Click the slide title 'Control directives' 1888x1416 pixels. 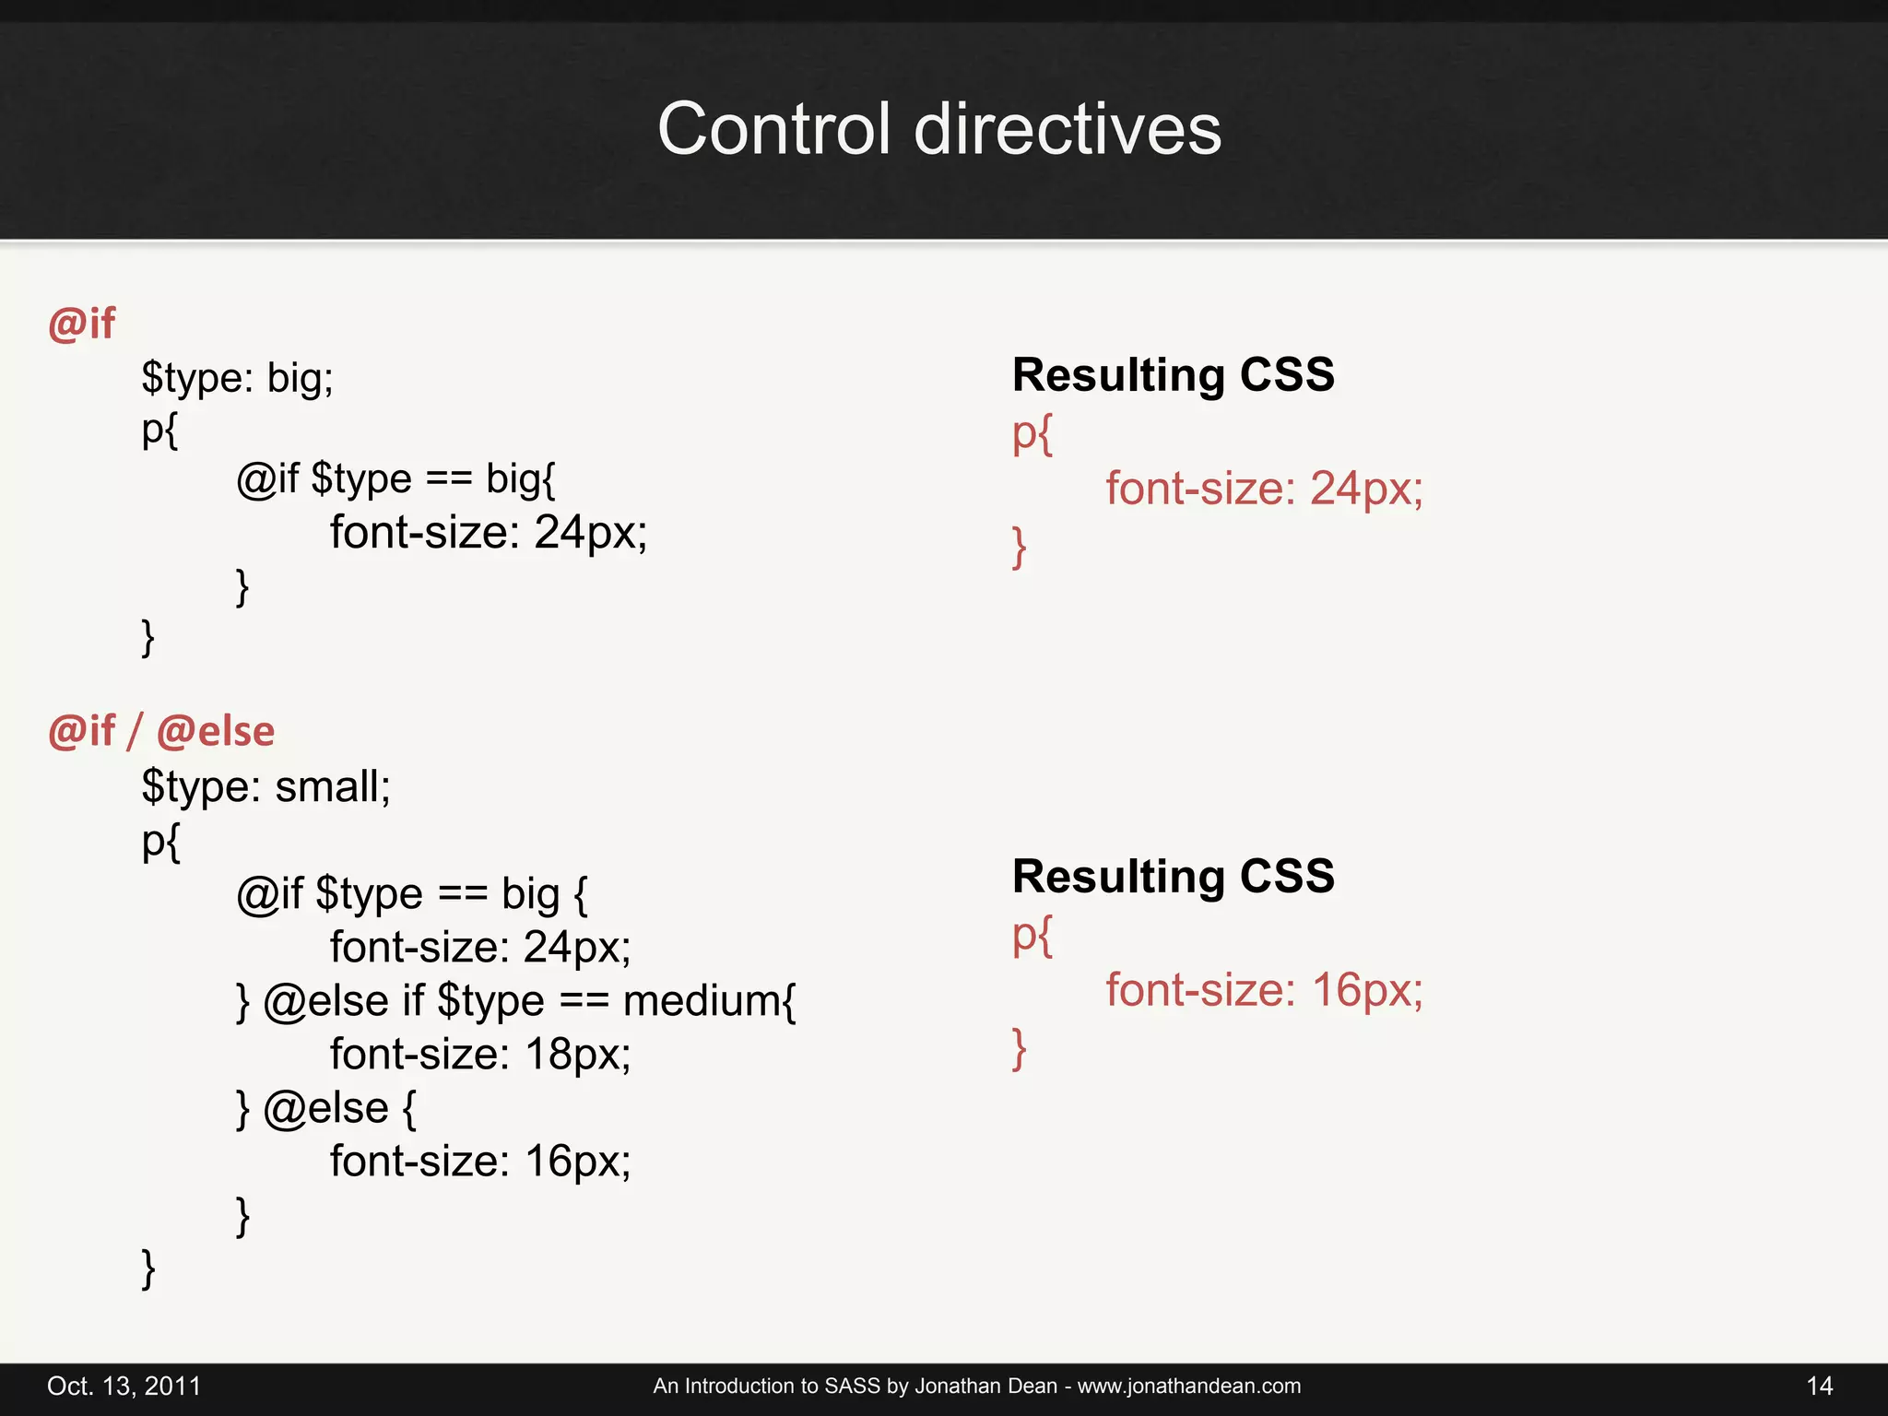[x=938, y=129]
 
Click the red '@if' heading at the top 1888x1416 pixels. [x=81, y=324]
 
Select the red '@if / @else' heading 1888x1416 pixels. [x=161, y=731]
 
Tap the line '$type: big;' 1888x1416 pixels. [x=237, y=378]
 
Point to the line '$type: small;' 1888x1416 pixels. [x=265, y=786]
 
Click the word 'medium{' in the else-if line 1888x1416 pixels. [x=709, y=1001]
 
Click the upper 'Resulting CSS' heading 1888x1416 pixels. [x=1173, y=375]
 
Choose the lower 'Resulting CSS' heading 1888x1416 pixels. [x=1173, y=876]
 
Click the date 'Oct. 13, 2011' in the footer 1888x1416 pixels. [x=124, y=1386]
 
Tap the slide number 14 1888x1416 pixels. [x=1819, y=1386]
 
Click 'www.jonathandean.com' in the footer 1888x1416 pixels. [x=1188, y=1386]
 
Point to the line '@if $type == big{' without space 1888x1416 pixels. [x=395, y=479]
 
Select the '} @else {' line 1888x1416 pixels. [x=326, y=1108]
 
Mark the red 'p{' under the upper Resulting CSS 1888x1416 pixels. [x=1032, y=433]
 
